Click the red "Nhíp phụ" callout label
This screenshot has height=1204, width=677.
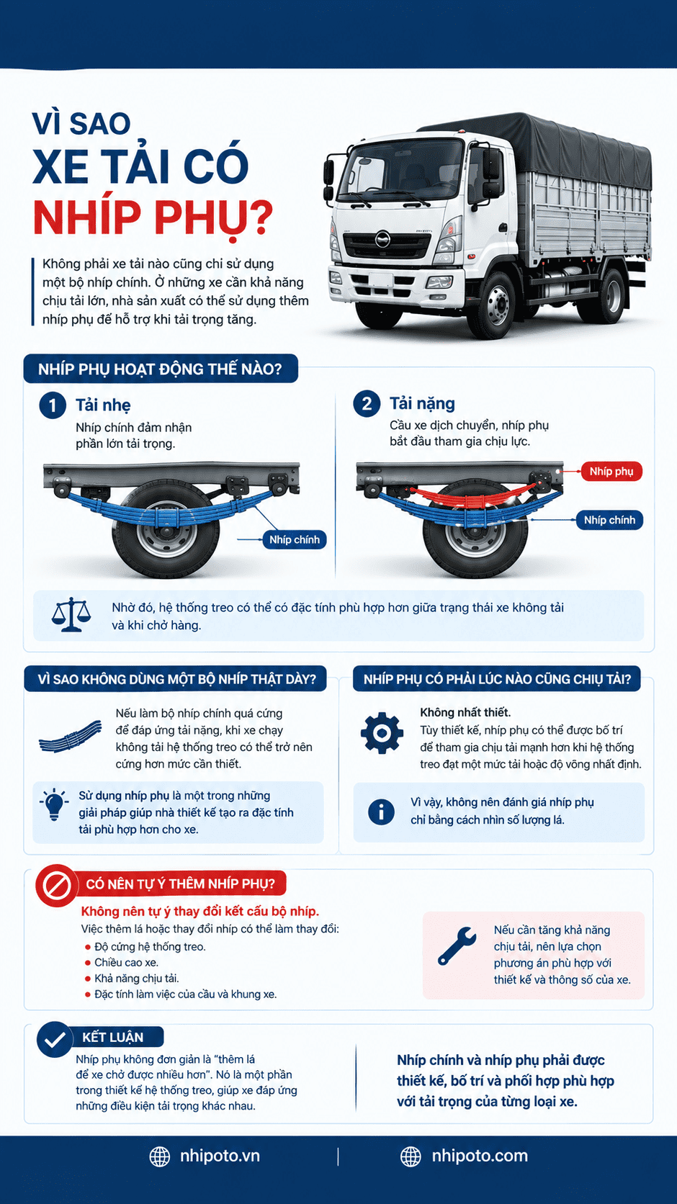[x=611, y=472]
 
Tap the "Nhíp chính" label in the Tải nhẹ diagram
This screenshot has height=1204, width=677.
[x=294, y=539]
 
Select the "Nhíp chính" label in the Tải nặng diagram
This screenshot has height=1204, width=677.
[x=609, y=520]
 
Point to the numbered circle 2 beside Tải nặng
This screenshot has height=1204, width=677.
[x=367, y=404]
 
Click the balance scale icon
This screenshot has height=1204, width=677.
[x=71, y=616]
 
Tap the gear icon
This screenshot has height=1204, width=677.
[x=382, y=732]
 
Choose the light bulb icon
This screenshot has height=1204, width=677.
[x=54, y=804]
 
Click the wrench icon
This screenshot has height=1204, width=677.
[x=457, y=945]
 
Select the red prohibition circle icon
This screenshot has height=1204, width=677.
[x=56, y=885]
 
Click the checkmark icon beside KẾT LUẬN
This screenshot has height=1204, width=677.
[x=55, y=1040]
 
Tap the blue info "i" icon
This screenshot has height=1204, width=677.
[x=381, y=811]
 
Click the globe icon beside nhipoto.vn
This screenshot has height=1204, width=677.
[x=160, y=1156]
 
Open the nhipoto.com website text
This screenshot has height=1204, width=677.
[x=480, y=1156]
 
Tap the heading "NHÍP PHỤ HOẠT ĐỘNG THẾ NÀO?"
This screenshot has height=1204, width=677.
[x=160, y=369]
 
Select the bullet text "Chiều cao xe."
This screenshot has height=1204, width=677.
[x=126, y=962]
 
